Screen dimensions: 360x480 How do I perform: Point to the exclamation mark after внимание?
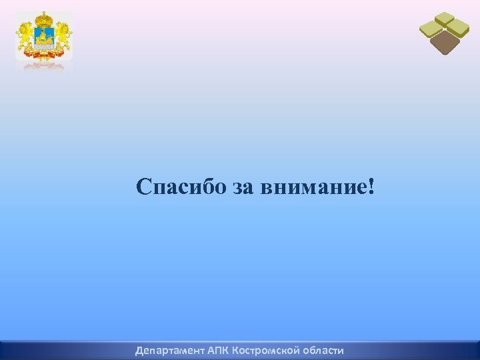tap(370, 186)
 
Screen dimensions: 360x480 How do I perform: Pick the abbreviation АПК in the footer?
tap(218, 350)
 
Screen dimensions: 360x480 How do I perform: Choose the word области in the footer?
tap(323, 350)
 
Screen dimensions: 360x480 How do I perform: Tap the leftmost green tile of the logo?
tap(431, 29)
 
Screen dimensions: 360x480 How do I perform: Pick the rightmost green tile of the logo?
tap(458, 28)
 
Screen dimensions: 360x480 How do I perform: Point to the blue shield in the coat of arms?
tap(44, 39)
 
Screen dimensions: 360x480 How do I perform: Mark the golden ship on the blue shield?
tap(44, 41)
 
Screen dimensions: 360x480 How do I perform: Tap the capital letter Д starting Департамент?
tap(139, 350)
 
